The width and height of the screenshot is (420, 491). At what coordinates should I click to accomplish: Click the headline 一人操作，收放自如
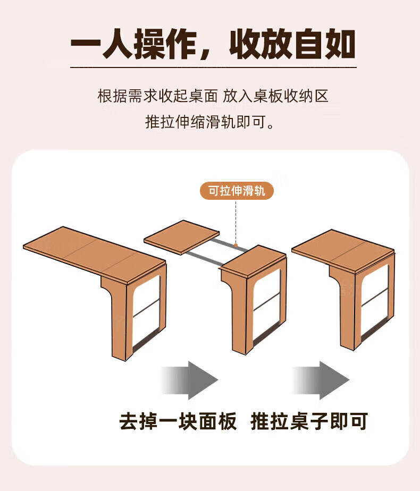pos(213,44)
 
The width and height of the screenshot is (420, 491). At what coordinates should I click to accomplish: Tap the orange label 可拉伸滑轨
pos(237,191)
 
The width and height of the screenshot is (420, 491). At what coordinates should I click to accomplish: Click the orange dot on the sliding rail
pos(236,245)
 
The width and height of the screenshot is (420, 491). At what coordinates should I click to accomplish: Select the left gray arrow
pos(189,380)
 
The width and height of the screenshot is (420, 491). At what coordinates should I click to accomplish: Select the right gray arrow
pos(321,380)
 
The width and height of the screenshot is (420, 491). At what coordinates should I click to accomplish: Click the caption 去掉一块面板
pos(178,421)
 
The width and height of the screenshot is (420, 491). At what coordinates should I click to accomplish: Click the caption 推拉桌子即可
pos(309,421)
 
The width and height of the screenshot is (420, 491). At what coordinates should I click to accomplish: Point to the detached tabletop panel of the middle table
pos(182,237)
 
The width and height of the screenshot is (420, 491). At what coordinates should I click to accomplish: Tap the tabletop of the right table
pos(343,250)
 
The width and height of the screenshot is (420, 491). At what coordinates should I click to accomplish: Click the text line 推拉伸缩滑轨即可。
pos(210,122)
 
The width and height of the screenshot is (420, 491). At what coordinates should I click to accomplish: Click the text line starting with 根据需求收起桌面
pos(213,96)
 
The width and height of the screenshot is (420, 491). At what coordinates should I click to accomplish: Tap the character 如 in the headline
pos(340,44)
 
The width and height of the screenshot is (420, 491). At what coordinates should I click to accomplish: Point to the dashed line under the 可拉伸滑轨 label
pos(236,222)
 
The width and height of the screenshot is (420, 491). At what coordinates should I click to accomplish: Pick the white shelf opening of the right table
pos(375,301)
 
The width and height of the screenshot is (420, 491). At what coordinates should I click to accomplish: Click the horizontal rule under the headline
pos(213,67)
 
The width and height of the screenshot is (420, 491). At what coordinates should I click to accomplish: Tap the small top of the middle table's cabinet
pos(253,260)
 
